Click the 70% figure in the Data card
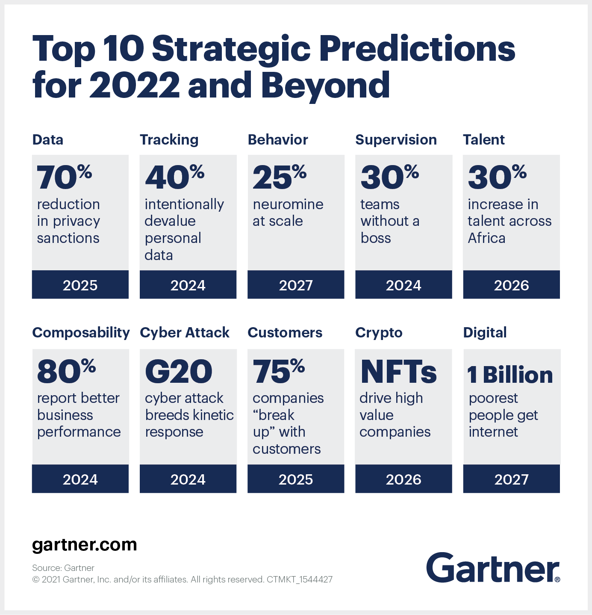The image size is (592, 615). click(x=64, y=177)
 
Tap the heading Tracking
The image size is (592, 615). click(x=169, y=140)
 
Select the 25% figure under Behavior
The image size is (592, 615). click(x=279, y=177)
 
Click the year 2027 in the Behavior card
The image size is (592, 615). click(x=296, y=285)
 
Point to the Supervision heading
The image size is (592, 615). click(x=396, y=140)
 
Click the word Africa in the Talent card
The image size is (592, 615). click(x=486, y=238)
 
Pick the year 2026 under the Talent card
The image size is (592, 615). click(x=511, y=285)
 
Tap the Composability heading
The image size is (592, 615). click(x=81, y=333)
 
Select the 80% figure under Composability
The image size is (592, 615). click(x=66, y=371)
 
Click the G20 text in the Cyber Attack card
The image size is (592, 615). click(x=178, y=371)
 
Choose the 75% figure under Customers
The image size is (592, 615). click(x=279, y=371)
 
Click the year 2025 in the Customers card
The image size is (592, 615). click(x=296, y=479)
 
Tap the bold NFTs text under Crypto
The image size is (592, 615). click(x=398, y=371)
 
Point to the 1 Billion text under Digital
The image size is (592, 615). click(x=510, y=375)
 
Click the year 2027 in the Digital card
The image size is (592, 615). click(x=511, y=479)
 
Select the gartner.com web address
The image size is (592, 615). click(x=85, y=545)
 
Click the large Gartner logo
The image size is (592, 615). click(x=492, y=568)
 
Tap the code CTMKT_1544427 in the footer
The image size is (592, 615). click(x=300, y=580)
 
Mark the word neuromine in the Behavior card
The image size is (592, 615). click(x=288, y=204)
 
